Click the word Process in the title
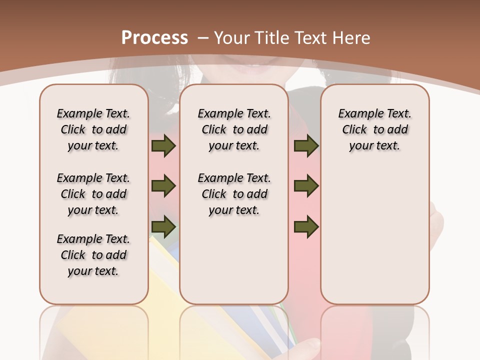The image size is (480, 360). point(154,38)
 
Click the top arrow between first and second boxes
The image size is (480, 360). point(163,145)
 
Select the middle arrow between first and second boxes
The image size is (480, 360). point(163,186)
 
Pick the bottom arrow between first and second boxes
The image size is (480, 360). point(163,227)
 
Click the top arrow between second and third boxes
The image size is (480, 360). point(306,145)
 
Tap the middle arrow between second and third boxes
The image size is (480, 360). point(306,186)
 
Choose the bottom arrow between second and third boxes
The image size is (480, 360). point(306,227)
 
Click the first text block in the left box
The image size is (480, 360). point(93,129)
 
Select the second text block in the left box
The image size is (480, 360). point(93,194)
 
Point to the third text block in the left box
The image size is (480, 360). point(93,255)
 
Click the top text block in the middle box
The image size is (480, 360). point(234,129)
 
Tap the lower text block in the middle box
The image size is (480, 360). point(234,194)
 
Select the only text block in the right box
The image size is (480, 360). point(374,129)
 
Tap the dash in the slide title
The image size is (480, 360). point(203,38)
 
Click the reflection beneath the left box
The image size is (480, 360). point(93,330)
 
